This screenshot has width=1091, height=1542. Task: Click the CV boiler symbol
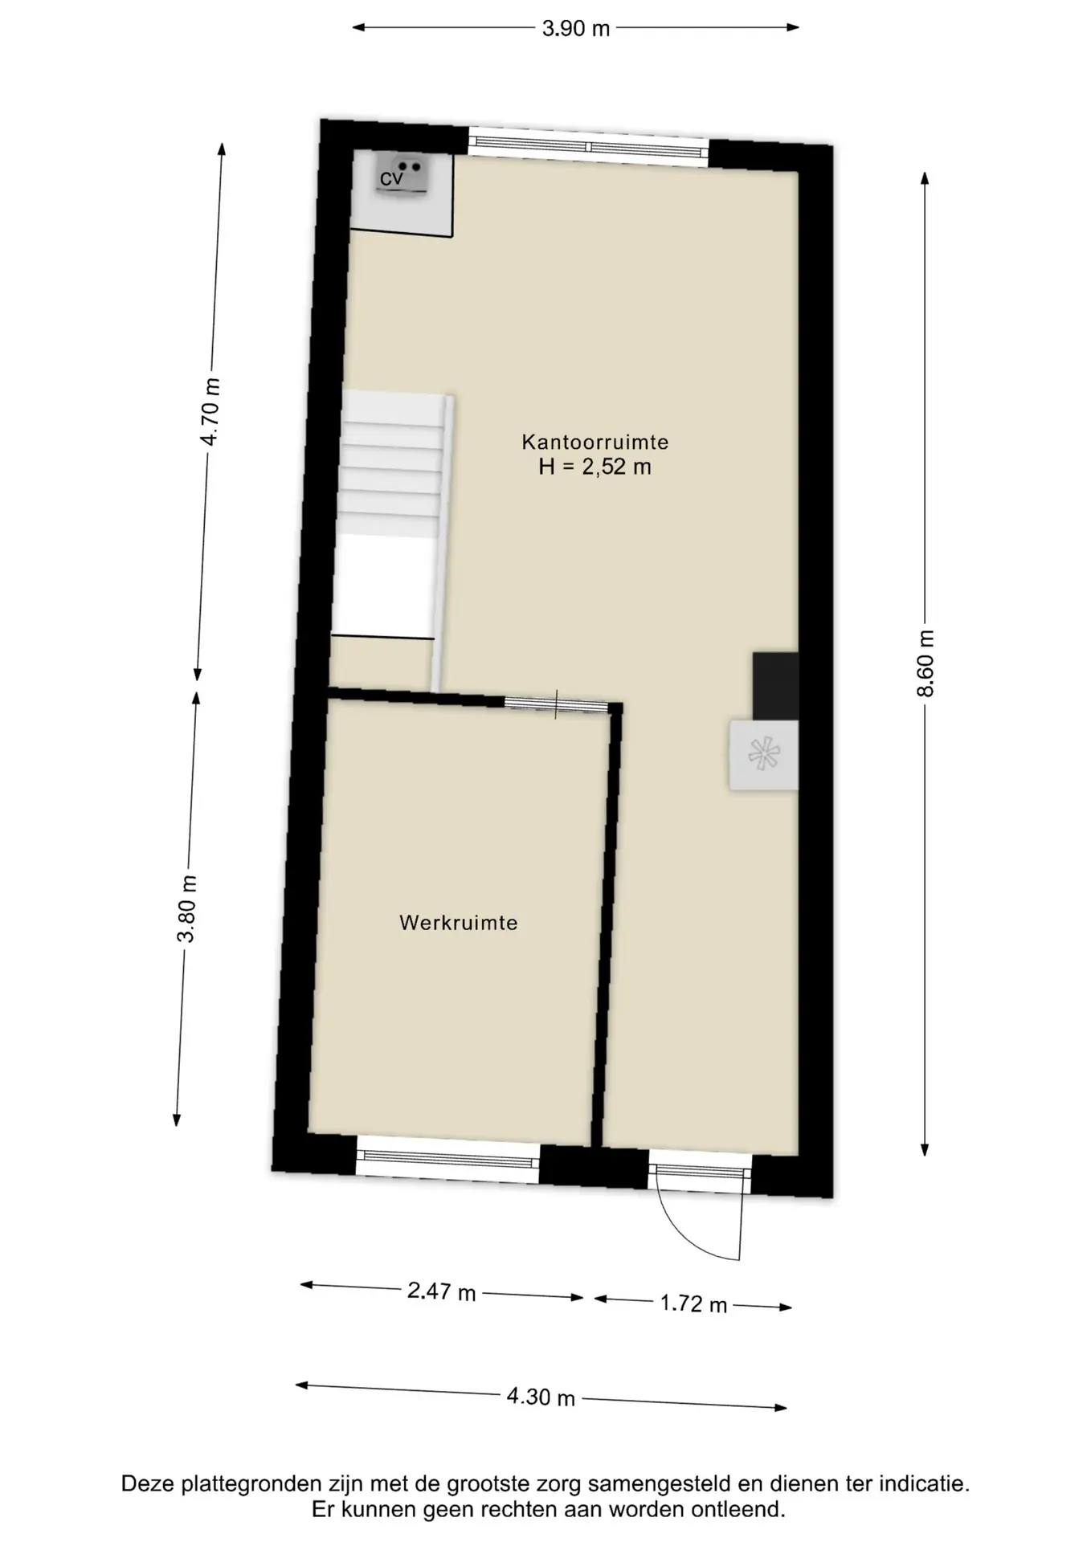coord(402,176)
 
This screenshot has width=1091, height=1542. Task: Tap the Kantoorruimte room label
coord(595,442)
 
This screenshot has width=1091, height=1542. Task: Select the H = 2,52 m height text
coord(595,467)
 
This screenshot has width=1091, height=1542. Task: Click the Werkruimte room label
coord(459,923)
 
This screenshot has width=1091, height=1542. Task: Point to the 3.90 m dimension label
coord(576,29)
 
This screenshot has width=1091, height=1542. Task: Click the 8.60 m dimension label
coord(926,663)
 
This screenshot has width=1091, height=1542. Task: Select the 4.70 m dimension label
coord(210,411)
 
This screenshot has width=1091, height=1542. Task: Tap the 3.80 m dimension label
coord(188,909)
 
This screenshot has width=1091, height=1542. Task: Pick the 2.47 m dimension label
coord(441,1291)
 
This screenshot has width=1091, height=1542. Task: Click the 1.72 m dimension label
coord(693,1303)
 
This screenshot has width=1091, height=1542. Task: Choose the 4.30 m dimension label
coord(541,1397)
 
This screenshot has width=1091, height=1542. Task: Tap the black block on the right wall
coord(775,686)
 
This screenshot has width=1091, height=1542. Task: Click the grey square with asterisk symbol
coord(763,755)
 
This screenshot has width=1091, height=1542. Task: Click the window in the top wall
coord(589,147)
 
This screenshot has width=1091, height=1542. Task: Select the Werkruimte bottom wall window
coord(447,1159)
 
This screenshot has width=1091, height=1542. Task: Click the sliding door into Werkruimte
coord(556,704)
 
